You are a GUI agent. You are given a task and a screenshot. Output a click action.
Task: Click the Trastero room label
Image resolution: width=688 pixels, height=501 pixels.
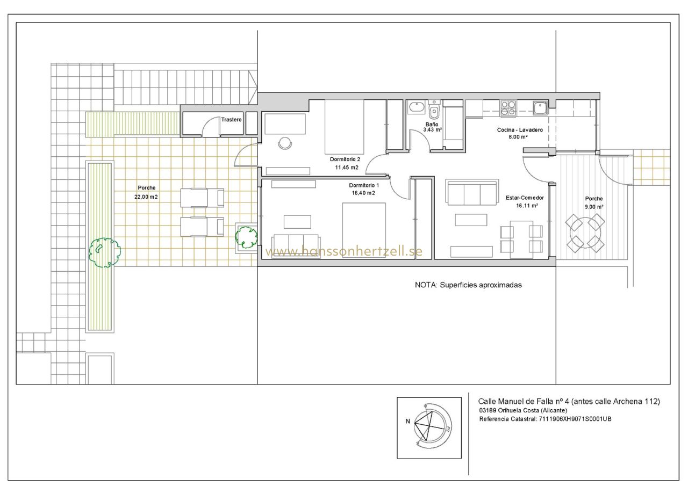coord(231,120)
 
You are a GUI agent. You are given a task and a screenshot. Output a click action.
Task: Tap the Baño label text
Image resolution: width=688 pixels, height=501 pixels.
coord(432,124)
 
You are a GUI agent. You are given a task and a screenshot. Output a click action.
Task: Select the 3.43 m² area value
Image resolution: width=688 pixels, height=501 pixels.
coord(433,130)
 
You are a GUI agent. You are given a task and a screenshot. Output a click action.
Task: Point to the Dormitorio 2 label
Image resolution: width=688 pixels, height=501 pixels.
coord(345,159)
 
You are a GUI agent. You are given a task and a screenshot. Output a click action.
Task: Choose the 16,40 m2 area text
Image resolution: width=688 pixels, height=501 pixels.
coord(363,193)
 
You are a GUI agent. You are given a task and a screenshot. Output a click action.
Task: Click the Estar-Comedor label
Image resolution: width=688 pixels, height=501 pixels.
coord(525,198)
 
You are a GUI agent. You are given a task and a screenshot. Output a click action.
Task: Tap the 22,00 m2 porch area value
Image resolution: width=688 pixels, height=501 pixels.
coord(146,197)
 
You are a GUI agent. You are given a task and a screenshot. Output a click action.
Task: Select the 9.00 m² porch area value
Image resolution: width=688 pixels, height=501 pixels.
coord(594,207)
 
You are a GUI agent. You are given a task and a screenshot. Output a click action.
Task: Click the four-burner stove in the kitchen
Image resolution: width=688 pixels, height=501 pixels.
coord(508,108)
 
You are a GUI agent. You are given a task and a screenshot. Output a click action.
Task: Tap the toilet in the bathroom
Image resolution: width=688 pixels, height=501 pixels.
coord(434,110)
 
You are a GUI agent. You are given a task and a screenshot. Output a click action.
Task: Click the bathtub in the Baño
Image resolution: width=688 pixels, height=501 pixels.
coord(416,107)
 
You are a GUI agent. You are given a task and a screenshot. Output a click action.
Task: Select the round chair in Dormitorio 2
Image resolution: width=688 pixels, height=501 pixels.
coord(285,143)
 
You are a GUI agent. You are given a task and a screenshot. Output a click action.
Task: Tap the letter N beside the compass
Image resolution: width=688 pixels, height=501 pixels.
coord(408,421)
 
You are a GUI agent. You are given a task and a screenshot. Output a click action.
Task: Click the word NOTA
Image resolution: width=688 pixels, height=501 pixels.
coord(426,285)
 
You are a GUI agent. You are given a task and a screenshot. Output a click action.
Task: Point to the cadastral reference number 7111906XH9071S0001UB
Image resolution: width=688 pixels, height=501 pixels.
coord(575,419)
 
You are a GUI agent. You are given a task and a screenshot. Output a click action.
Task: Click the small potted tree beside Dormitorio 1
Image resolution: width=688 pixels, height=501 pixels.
coord(246,237)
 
